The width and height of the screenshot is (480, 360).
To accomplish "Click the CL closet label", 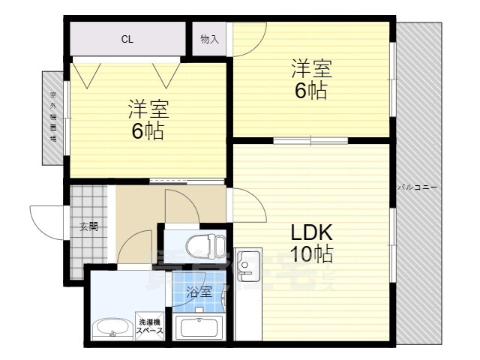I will (x=127, y=40).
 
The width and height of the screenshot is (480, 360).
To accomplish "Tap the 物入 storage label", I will (x=210, y=40).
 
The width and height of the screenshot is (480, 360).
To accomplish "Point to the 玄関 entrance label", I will (x=88, y=226).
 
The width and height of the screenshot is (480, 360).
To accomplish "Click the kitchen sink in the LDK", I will (x=247, y=265).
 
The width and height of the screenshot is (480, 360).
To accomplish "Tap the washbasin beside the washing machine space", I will (x=112, y=328).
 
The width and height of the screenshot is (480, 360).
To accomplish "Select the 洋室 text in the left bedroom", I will (x=147, y=109).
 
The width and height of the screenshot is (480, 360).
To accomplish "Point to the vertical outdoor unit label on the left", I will (x=53, y=116).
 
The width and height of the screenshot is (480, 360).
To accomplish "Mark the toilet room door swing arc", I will (x=182, y=206).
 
